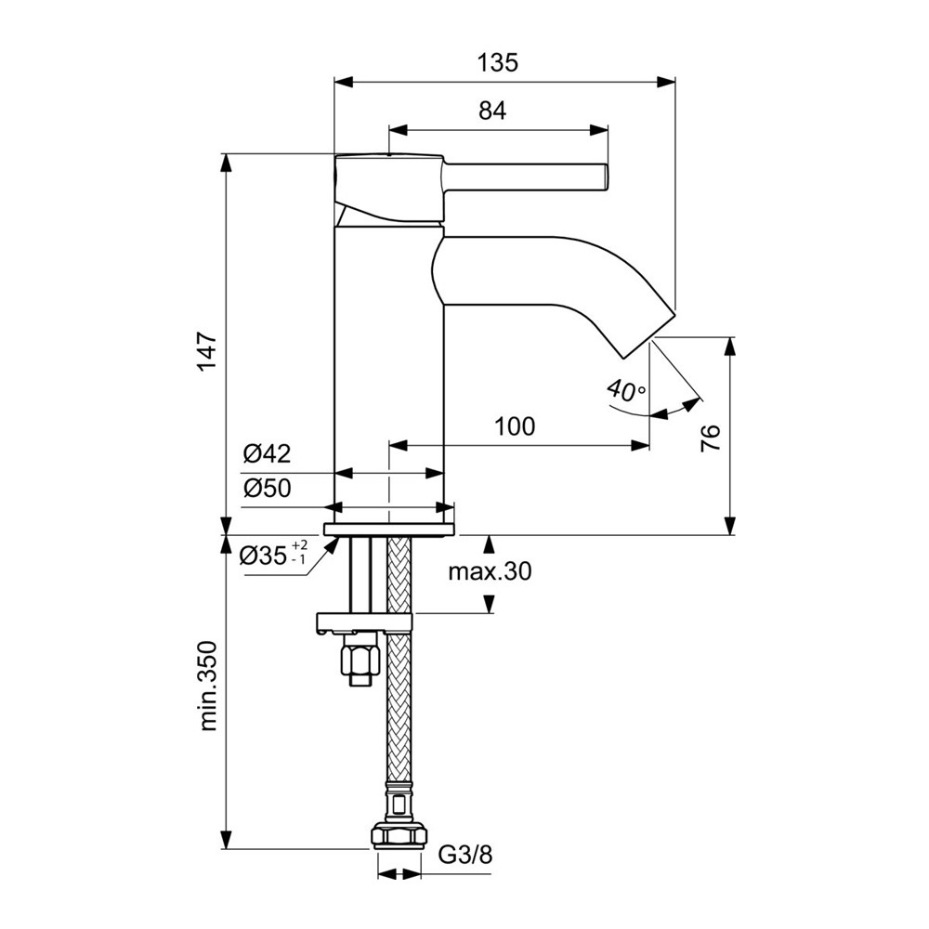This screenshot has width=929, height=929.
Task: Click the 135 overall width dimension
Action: pyautogui.click(x=497, y=63)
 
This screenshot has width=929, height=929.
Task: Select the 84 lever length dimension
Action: pyautogui.click(x=492, y=111)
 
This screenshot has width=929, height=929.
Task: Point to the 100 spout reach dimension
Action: pyautogui.click(x=515, y=426)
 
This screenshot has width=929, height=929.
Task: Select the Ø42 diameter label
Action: pyautogui.click(x=268, y=454)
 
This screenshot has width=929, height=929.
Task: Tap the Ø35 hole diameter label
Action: pyautogui.click(x=263, y=556)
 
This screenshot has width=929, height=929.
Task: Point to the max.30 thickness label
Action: pyautogui.click(x=490, y=572)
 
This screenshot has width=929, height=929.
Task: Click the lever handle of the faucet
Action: pyautogui.click(x=525, y=176)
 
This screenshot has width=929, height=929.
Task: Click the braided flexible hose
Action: pyautogui.click(x=399, y=706)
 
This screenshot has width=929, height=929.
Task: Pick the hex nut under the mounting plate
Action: pyautogui.click(x=360, y=661)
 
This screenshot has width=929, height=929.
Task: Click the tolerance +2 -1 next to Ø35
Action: pyautogui.click(x=299, y=553)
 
